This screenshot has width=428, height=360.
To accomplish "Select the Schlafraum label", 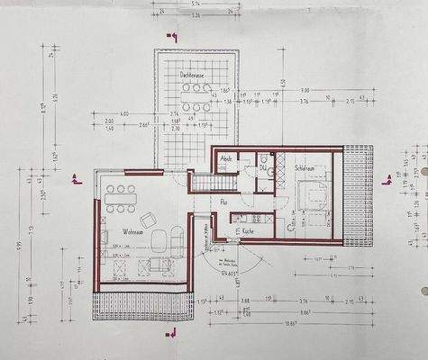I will click(x=310, y=168).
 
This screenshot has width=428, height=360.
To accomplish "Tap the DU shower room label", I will click(x=263, y=166).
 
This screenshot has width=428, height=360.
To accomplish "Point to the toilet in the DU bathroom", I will click(x=260, y=184).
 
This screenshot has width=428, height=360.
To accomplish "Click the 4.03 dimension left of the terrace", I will click(x=123, y=112).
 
